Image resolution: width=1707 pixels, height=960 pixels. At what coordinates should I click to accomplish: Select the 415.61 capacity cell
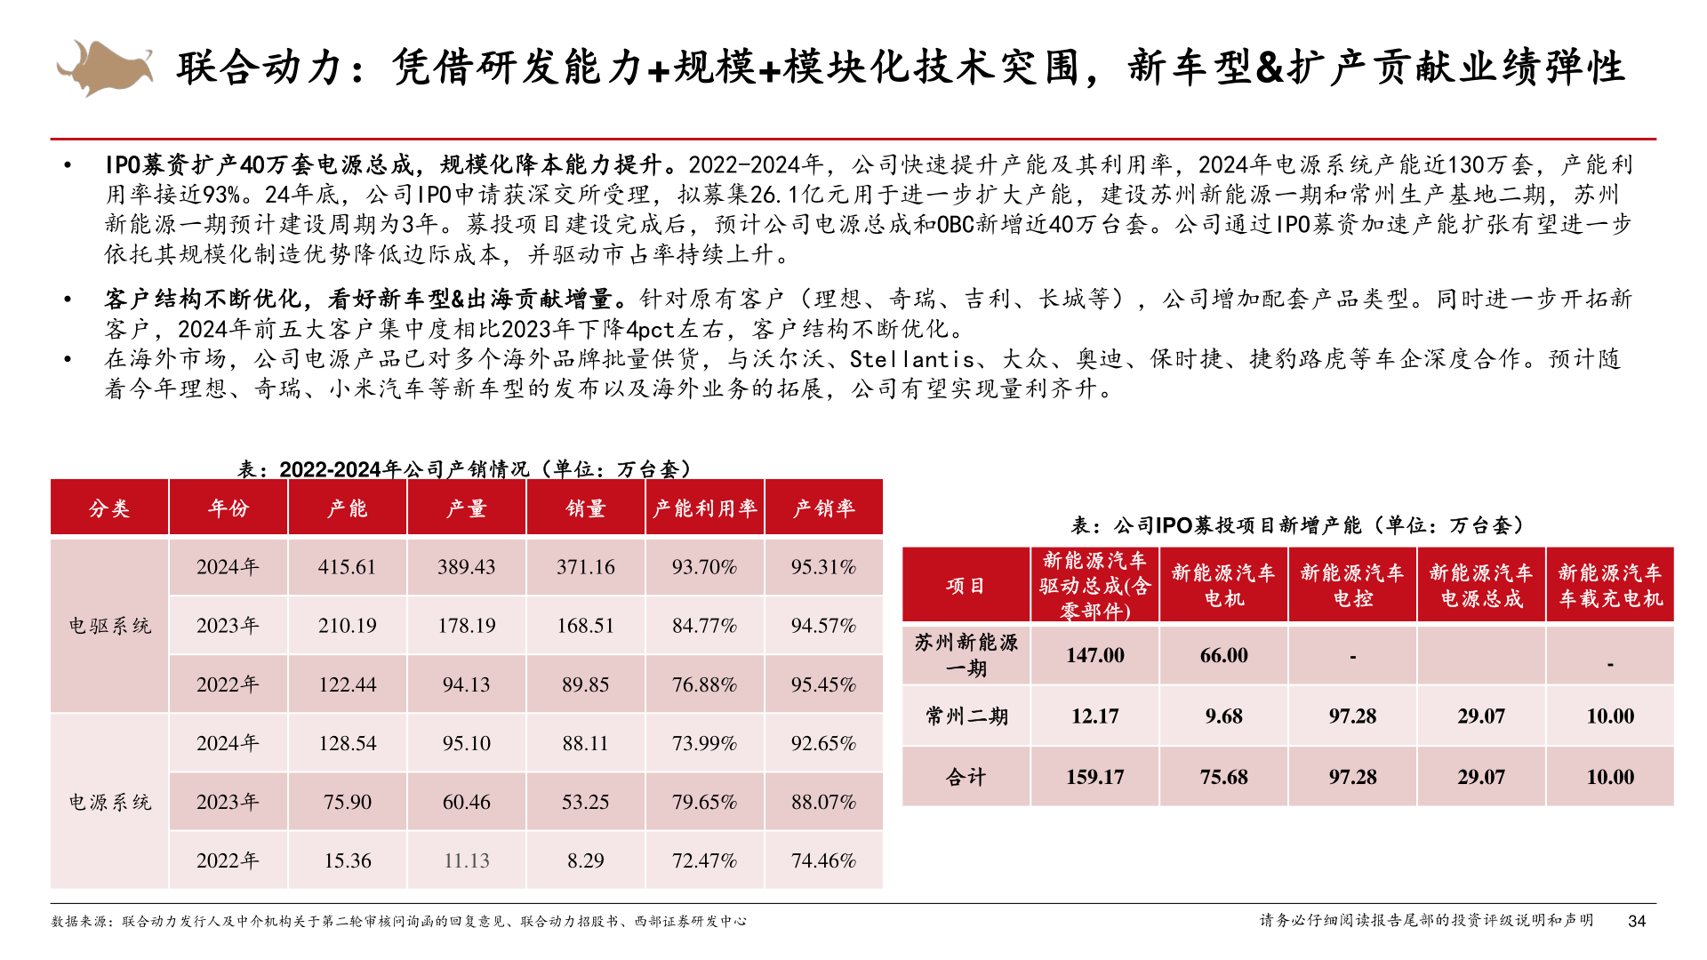(x=347, y=567)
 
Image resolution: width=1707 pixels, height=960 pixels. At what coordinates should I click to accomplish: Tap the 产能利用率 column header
(x=704, y=508)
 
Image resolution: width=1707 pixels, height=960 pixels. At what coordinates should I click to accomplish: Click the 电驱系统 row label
(x=109, y=626)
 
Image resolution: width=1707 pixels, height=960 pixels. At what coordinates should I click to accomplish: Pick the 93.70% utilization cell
(x=704, y=567)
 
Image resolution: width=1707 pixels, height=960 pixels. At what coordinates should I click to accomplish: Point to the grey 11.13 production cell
(x=466, y=860)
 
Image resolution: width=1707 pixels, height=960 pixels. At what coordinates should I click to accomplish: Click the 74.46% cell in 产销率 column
(x=823, y=860)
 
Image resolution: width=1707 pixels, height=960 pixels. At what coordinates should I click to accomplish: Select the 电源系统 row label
(x=109, y=802)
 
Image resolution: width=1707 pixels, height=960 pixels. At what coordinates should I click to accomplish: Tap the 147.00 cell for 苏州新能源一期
(x=1094, y=655)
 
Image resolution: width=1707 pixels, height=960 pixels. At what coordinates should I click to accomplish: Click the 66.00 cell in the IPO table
(x=1223, y=655)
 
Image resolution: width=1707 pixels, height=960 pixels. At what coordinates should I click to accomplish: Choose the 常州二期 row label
(x=966, y=716)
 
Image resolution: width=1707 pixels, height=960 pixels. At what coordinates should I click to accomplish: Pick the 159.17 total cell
(x=1094, y=777)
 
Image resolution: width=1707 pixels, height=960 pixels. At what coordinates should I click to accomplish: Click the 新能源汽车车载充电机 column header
(x=1609, y=586)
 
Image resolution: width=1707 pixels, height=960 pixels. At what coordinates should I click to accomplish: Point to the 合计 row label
(x=966, y=777)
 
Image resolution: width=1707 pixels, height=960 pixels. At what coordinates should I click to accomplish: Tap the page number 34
(x=1637, y=922)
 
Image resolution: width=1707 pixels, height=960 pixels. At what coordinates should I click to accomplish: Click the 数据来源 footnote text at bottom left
(x=398, y=922)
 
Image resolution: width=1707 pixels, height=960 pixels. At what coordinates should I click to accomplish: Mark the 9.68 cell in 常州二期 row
(x=1223, y=716)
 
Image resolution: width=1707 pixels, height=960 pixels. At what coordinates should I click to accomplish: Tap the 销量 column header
(x=585, y=508)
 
